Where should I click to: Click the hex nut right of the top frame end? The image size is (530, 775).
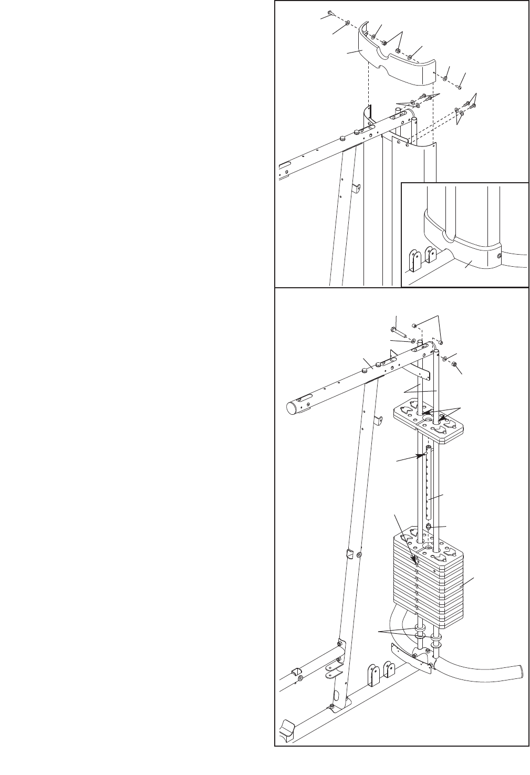454,364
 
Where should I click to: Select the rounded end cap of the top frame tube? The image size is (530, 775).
292,409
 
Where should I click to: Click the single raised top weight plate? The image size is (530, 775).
429,421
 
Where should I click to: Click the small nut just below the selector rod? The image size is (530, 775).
429,527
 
